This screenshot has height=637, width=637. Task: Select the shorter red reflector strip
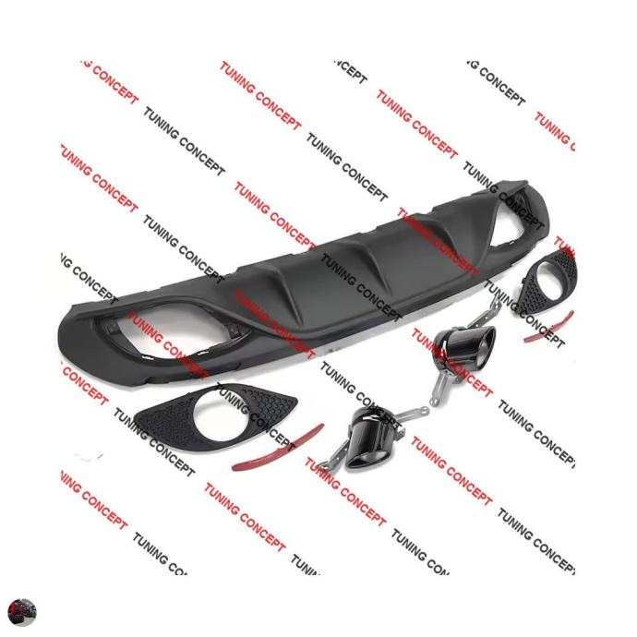click(x=548, y=329)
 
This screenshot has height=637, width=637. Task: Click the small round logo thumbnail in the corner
click(x=21, y=612)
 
